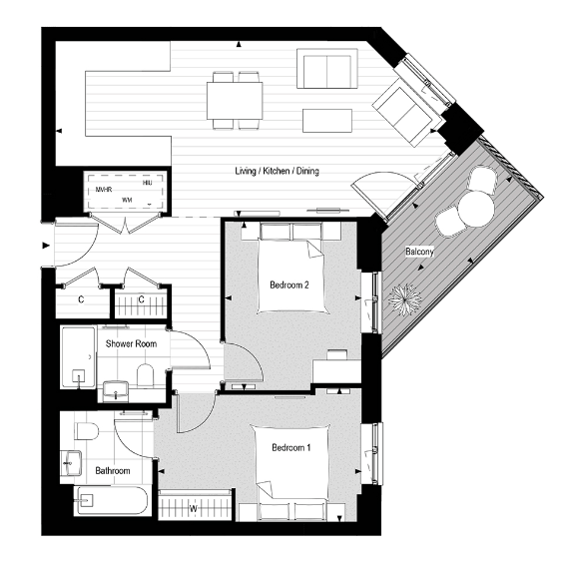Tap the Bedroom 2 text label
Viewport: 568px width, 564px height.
click(289, 284)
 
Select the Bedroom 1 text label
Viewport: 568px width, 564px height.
click(290, 448)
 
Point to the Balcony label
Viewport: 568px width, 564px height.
click(419, 253)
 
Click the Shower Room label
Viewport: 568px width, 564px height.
click(131, 343)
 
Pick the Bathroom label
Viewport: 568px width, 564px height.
click(113, 469)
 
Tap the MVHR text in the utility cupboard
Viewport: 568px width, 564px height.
click(103, 189)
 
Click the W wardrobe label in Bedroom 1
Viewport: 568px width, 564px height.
click(193, 509)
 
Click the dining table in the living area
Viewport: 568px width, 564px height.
click(236, 100)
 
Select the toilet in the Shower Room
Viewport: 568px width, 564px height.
click(144, 376)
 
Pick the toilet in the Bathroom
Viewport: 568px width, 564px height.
click(86, 431)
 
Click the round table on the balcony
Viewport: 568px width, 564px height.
click(475, 208)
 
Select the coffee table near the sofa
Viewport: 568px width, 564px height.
click(327, 119)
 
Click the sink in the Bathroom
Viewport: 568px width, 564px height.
click(72, 462)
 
